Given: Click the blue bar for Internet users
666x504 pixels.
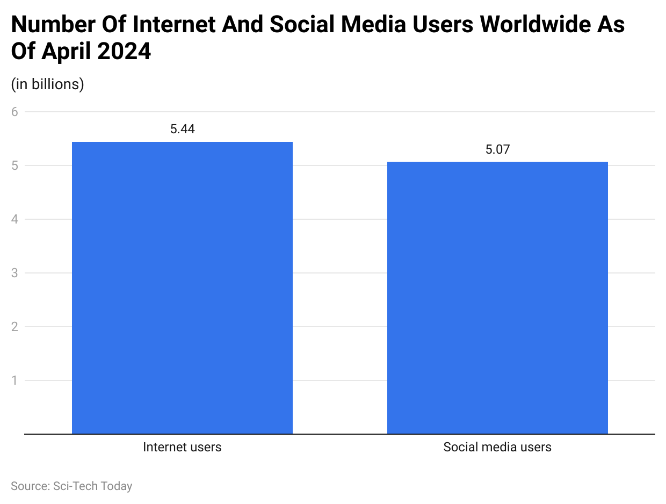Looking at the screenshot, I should click(x=182, y=287).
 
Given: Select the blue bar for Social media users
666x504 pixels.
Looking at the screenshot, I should click(x=497, y=298).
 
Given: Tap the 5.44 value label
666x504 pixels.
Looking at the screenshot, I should click(x=182, y=129).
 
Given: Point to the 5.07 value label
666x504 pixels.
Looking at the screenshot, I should click(x=497, y=149).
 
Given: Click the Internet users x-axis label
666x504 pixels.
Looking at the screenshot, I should click(x=182, y=447).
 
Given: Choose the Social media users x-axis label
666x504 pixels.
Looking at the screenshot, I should click(x=497, y=447).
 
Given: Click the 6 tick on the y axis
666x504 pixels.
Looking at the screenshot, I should click(x=15, y=112).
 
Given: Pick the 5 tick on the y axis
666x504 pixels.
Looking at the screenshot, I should click(x=15, y=165).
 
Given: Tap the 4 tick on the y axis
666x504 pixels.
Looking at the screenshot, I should click(x=15, y=219).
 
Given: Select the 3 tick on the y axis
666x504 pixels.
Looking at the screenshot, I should click(x=15, y=273).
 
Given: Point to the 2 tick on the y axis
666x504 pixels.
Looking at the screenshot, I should click(x=15, y=327).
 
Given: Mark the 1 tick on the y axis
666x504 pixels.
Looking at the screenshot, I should click(x=15, y=380).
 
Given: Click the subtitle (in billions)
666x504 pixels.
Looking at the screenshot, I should click(x=47, y=84).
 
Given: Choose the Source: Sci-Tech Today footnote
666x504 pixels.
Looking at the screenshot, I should click(x=71, y=486).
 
